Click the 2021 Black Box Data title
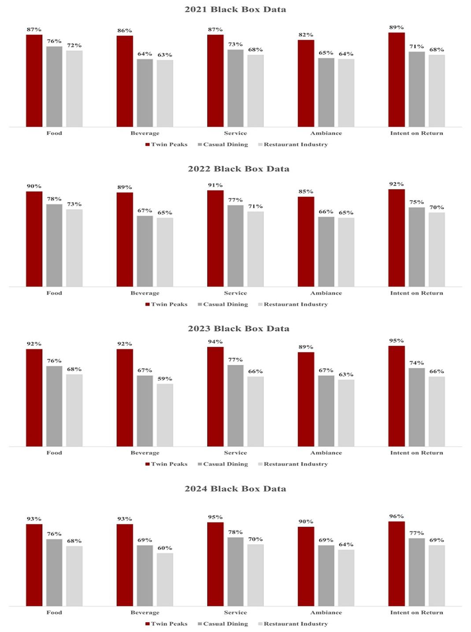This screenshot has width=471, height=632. point(235,9)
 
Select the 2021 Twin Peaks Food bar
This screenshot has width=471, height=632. point(34,81)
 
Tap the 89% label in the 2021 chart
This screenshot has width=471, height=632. point(396,27)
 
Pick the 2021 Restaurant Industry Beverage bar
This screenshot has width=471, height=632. point(165,93)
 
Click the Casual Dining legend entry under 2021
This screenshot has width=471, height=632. point(223,145)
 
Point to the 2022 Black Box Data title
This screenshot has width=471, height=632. point(238,169)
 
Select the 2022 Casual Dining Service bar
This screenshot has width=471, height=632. point(235,245)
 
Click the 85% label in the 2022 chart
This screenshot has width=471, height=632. point(306,192)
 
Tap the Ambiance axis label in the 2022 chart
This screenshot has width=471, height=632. point(326,293)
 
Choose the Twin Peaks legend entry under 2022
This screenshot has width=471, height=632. point(167,305)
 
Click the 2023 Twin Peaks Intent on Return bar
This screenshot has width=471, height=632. point(396,396)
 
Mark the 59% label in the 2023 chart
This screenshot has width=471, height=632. point(165,379)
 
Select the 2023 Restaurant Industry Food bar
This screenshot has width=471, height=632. point(74,410)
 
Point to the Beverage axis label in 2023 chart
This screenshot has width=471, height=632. point(145,453)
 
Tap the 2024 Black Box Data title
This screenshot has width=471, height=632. point(235,489)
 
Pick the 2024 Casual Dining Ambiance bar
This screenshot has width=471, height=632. point(326,575)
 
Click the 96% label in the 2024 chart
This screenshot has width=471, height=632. point(396,516)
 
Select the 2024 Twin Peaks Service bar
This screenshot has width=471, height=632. point(215,564)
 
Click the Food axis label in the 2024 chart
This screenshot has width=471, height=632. point(54,613)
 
